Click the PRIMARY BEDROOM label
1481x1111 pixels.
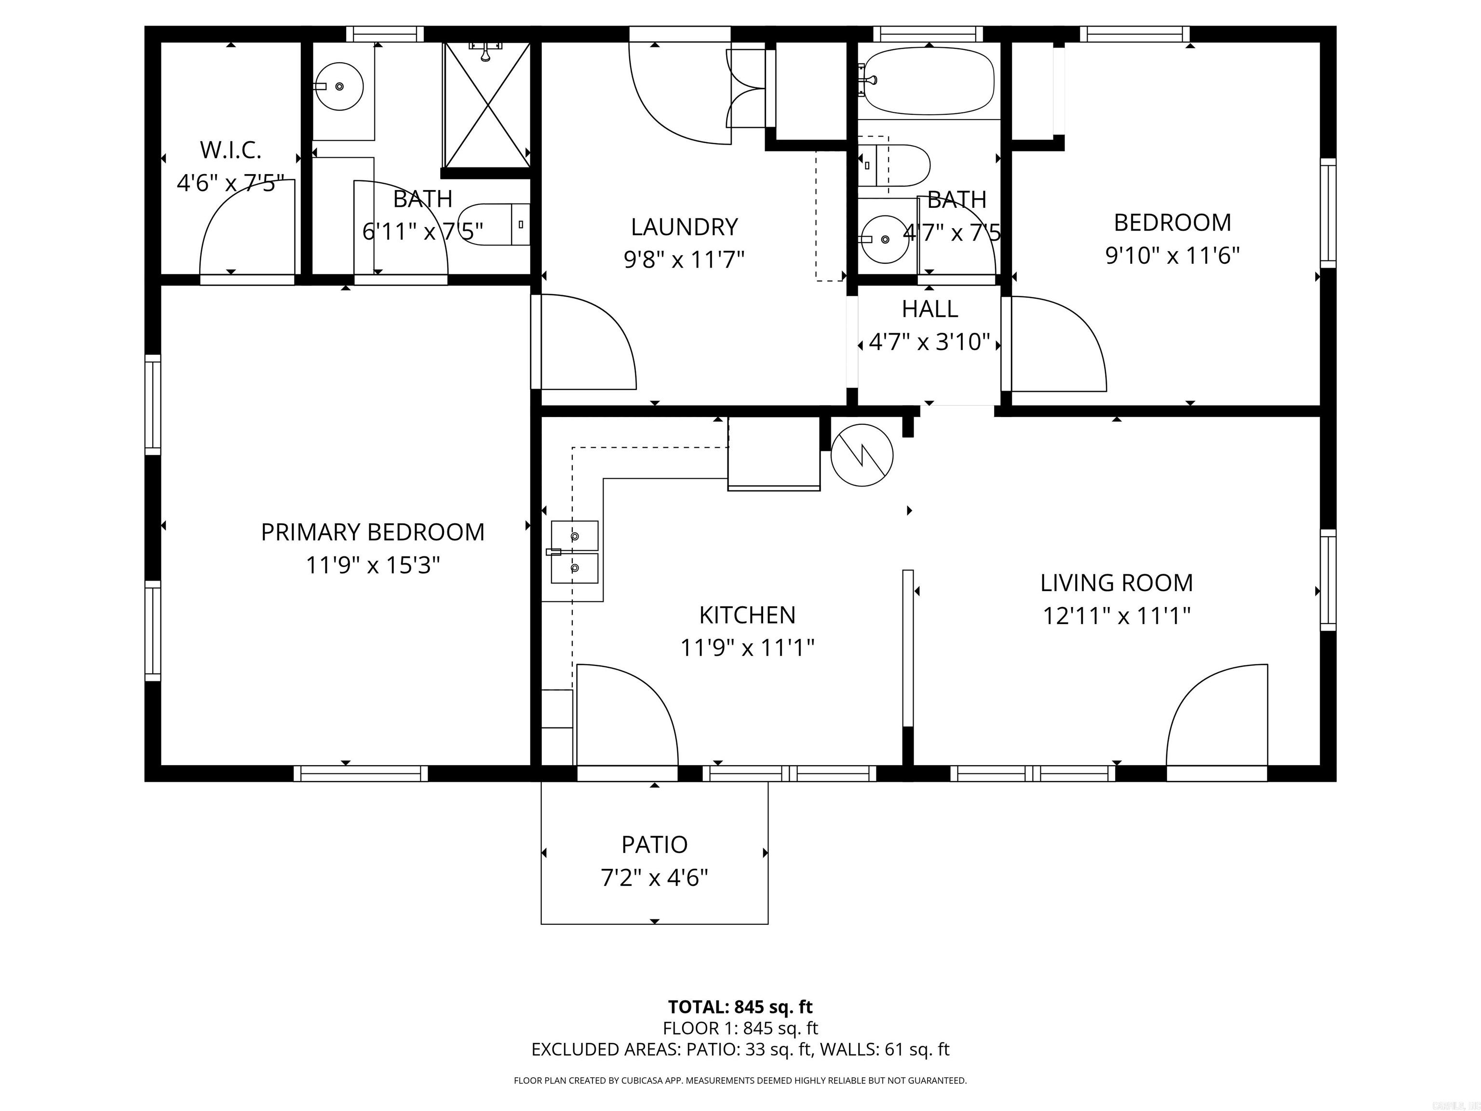point(372,532)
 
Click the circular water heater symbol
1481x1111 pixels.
point(862,455)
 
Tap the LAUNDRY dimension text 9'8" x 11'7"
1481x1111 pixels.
point(684,259)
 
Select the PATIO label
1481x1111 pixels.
point(654,844)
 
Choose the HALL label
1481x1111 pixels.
point(929,309)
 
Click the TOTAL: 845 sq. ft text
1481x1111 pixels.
point(740,1006)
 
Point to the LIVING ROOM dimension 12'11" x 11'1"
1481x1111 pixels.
point(1116,615)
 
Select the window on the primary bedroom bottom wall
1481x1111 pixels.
point(360,773)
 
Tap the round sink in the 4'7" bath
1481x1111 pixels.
point(885,239)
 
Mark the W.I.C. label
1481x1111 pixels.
point(230,150)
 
